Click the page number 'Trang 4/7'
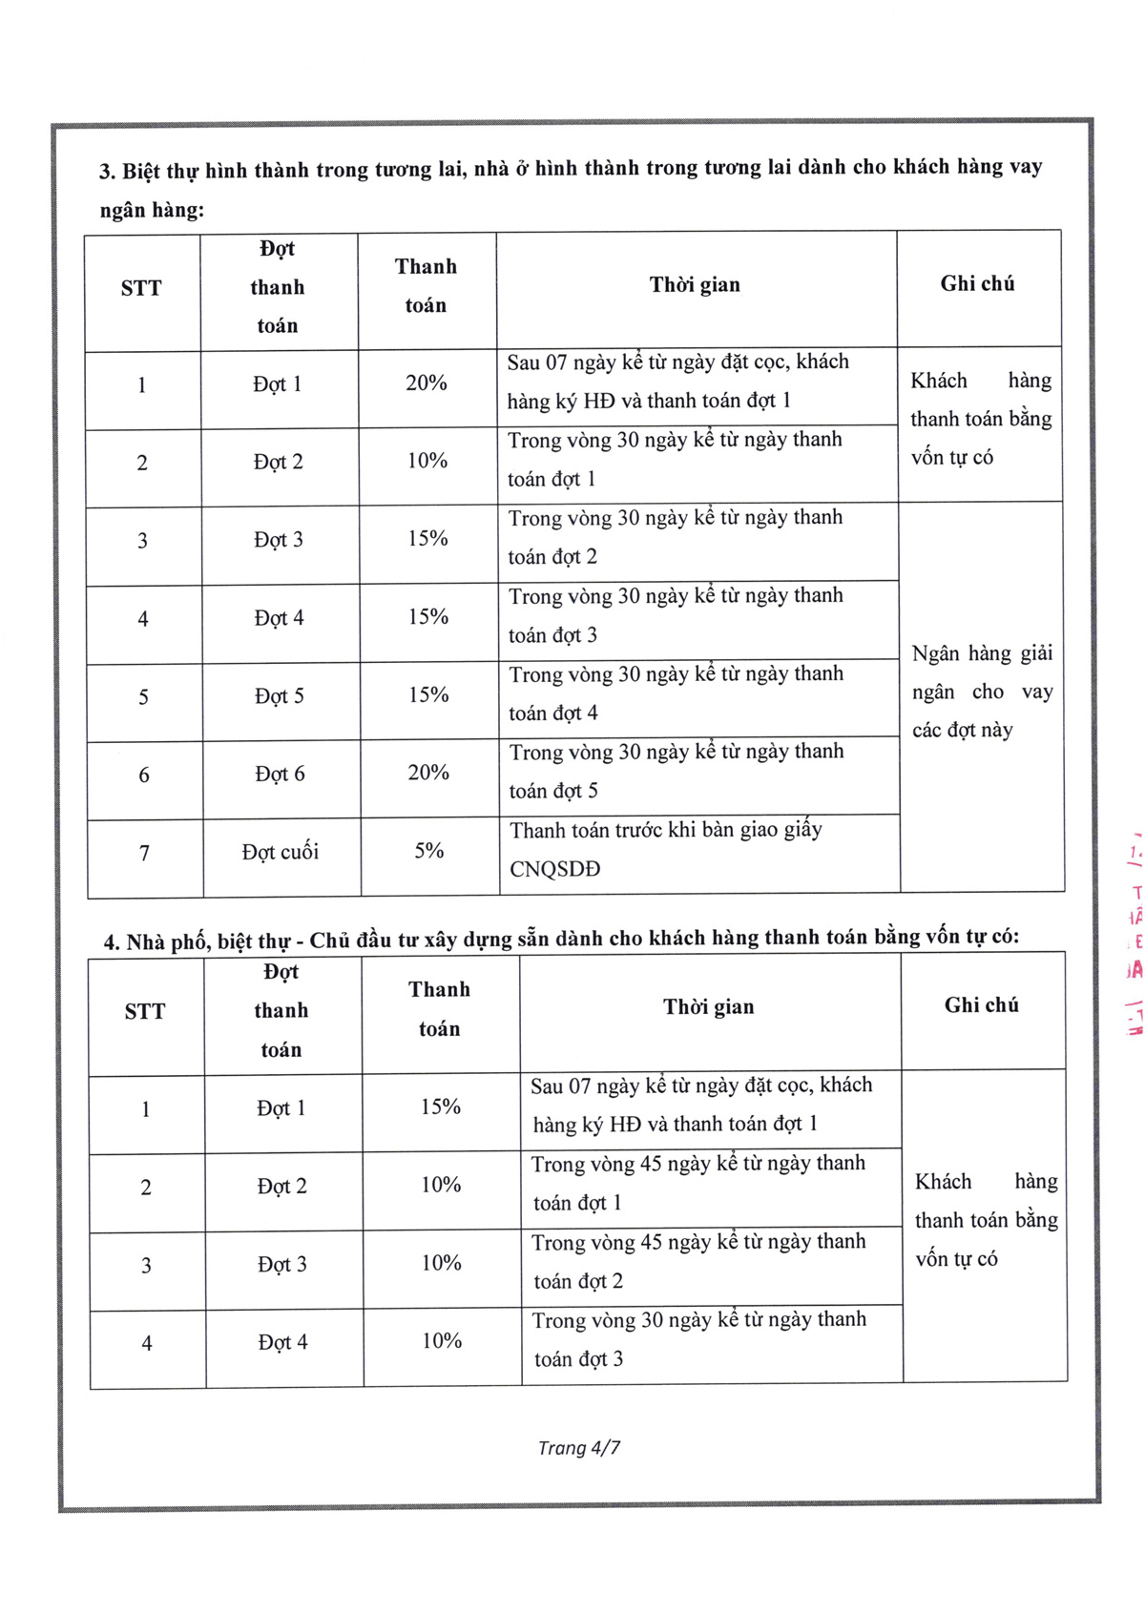(x=578, y=1447)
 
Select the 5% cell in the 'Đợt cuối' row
(x=428, y=851)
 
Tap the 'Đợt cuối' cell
(x=280, y=852)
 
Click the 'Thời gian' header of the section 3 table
(x=695, y=284)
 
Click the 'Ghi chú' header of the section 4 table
(x=981, y=1005)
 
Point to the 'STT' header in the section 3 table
(x=141, y=288)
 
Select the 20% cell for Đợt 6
(x=428, y=773)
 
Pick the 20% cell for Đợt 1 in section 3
(x=427, y=383)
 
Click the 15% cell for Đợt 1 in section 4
(x=441, y=1106)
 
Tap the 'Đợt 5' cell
(x=280, y=696)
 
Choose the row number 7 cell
(x=144, y=853)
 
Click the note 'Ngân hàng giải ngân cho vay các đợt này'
(x=982, y=692)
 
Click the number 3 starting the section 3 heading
(x=106, y=173)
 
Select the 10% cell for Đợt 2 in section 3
(x=427, y=461)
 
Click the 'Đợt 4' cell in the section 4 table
(x=282, y=1342)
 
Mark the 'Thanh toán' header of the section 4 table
(x=439, y=1008)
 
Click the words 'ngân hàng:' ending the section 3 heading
(x=152, y=210)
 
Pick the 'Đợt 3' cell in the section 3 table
(x=279, y=540)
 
